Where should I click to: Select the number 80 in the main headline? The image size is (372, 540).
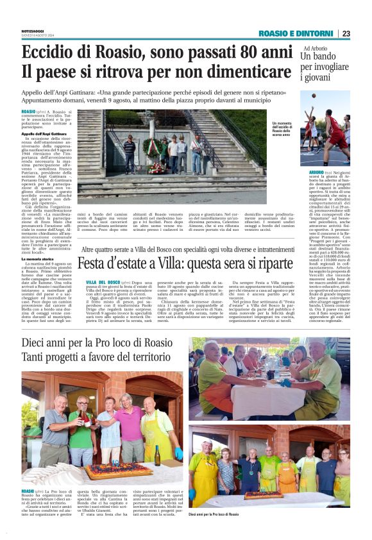click(x=235, y=53)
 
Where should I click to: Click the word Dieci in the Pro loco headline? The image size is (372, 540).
click(x=39, y=344)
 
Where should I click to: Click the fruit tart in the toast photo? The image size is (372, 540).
click(x=106, y=471)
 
